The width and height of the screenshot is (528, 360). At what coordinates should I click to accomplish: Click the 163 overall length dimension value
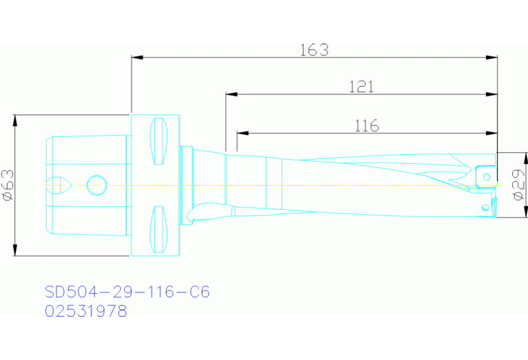[314, 50]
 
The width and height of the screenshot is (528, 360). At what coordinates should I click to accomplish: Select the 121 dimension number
[361, 87]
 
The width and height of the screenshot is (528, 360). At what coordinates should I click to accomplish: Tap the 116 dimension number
[367, 126]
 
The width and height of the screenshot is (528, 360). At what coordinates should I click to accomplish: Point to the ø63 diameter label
[8, 185]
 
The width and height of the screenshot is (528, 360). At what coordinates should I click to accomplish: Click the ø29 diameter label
[518, 185]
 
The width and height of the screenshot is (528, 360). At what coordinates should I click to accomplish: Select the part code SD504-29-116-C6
[127, 293]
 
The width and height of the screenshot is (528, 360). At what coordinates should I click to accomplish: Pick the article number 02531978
[86, 311]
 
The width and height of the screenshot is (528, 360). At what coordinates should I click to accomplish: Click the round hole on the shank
[96, 184]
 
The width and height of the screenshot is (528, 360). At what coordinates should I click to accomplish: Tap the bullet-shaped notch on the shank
[56, 184]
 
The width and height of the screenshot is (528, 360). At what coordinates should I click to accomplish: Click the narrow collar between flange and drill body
[186, 184]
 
